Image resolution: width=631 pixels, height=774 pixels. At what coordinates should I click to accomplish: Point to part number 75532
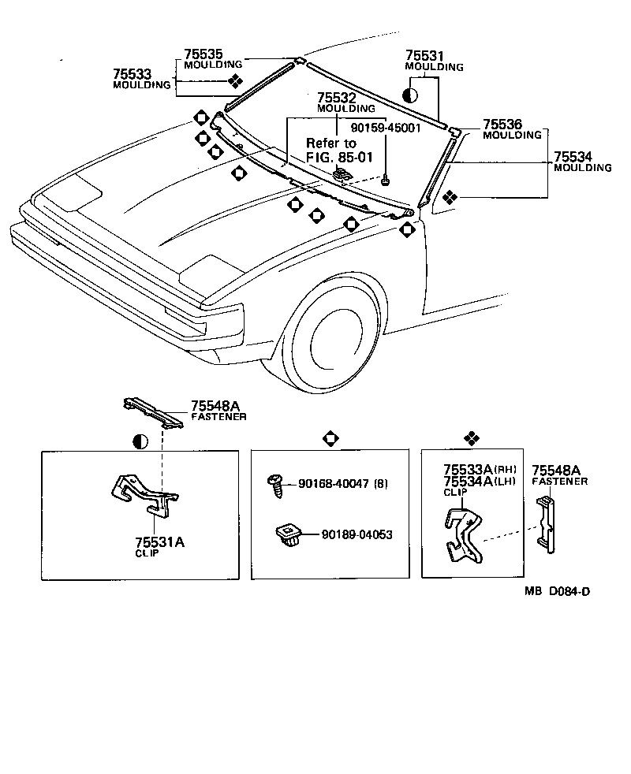click(336, 98)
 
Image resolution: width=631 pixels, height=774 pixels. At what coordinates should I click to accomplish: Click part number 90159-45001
click(386, 126)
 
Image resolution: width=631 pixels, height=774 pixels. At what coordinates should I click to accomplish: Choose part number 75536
click(502, 125)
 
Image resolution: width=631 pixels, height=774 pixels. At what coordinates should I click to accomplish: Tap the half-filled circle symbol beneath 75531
click(410, 95)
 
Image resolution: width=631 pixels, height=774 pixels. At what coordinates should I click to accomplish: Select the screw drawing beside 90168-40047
click(277, 483)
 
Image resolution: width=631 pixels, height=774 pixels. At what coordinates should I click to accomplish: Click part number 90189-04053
click(357, 534)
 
